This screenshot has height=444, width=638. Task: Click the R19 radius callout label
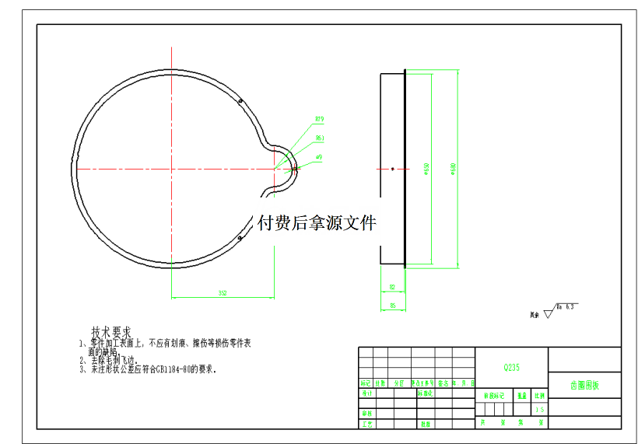pos(319,119)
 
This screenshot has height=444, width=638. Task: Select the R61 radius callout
pos(319,138)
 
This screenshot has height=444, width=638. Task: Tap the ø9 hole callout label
pos(319,156)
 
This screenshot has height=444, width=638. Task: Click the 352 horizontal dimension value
pos(222,293)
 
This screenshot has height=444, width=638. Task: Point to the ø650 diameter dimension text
pos(426,169)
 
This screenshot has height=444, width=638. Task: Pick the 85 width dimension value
pos(393,306)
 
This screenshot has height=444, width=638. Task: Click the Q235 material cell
pos(511,367)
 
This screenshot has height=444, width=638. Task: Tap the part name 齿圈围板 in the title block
pos(584,385)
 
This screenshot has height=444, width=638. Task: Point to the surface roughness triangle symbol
pos(549,314)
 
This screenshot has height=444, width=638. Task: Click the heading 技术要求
pos(111,331)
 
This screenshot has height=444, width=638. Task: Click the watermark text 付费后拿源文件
pos(317,223)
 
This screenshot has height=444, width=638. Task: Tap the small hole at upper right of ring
pos(240,100)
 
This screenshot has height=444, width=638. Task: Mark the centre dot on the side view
pos(393,169)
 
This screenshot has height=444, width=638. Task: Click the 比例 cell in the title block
pos(538,396)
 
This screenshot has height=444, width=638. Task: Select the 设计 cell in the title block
pos(366,393)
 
